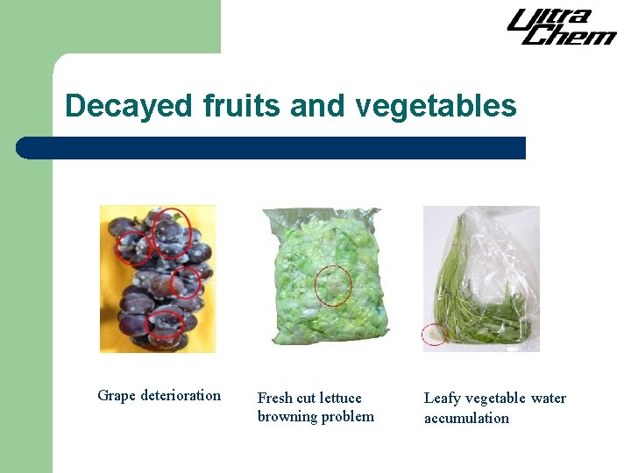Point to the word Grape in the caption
coord(117,395)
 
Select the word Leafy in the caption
coord(443,399)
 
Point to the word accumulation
coord(466,418)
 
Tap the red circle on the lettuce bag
coord(333,285)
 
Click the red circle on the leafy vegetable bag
coord(435,334)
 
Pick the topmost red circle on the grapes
coord(172,229)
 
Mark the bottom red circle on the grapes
coord(167,324)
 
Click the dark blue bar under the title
coord(272,148)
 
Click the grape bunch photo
coord(158,279)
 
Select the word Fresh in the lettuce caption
coord(276,399)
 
